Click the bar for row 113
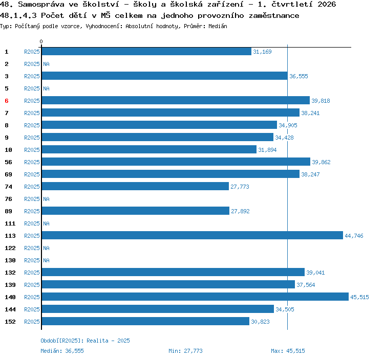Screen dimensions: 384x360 (x=192, y=236)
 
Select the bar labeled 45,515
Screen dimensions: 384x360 (x=195, y=297)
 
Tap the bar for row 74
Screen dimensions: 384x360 (x=135, y=186)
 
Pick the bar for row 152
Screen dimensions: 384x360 (x=145, y=321)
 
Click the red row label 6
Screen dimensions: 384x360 (x=7, y=101)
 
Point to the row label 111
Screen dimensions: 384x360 (x=10, y=223)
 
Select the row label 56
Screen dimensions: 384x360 (x=8, y=162)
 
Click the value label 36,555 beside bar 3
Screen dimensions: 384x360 (x=298, y=76)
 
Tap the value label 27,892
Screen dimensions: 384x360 (x=240, y=211)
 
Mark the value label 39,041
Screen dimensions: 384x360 (x=315, y=273)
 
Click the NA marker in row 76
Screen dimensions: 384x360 (x=46, y=199)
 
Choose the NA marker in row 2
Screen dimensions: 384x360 (x=46, y=64)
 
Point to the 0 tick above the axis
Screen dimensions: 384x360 (x=41, y=41)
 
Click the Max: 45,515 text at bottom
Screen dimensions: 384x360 (x=288, y=351)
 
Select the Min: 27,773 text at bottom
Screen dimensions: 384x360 (x=185, y=351)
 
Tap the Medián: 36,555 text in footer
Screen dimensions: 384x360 (x=62, y=351)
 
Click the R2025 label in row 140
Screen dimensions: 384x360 (x=32, y=297)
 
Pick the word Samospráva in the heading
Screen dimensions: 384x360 (x=41, y=5)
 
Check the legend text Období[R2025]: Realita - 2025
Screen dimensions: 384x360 (x=85, y=341)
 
